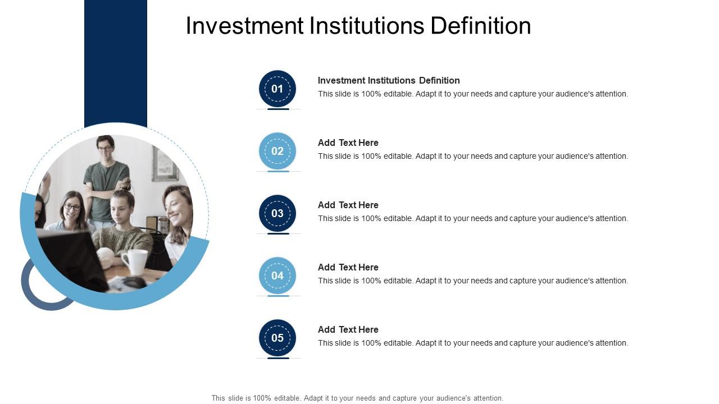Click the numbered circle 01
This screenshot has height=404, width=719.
pyautogui.click(x=277, y=89)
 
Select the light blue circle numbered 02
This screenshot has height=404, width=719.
pyautogui.click(x=277, y=151)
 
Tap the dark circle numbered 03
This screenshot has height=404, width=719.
pyautogui.click(x=277, y=213)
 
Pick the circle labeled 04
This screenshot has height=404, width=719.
pyautogui.click(x=277, y=276)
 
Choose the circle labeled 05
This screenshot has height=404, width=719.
pyautogui.click(x=277, y=338)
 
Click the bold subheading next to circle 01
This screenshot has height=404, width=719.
pyautogui.click(x=389, y=80)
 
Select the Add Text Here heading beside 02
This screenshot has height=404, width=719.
pyautogui.click(x=348, y=143)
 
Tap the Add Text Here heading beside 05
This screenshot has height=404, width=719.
pyautogui.click(x=348, y=329)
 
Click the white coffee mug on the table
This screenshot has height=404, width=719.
pyautogui.click(x=135, y=261)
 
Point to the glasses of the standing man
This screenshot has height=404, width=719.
pyautogui.click(x=105, y=148)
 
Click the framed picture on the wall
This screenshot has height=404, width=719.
pyautogui.click(x=164, y=164)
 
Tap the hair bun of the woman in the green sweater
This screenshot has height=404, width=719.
pyautogui.click(x=125, y=184)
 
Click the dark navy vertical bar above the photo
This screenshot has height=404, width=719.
pyautogui.click(x=116, y=62)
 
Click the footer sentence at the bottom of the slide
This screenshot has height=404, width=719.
pyautogui.click(x=357, y=398)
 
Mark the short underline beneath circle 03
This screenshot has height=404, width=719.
pyautogui.click(x=278, y=233)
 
